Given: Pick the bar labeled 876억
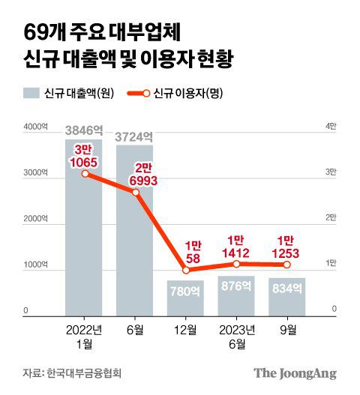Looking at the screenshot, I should coord(236,296).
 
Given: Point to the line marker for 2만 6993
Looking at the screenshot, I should coord(135,193).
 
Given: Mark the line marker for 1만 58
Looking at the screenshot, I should coord(185,270).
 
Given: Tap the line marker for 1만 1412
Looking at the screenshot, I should coord(236,264).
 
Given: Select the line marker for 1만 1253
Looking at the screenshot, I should coord(287,265).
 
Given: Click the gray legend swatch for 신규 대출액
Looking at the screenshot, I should coord(31,94).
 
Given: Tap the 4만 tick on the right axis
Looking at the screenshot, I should coord(331,127).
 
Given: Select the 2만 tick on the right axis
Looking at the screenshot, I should coord(331,219).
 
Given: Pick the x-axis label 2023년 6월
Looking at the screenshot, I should coord(236,335).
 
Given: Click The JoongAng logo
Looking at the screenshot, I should coord(294,373).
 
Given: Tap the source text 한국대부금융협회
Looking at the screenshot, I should coord(83,373).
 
